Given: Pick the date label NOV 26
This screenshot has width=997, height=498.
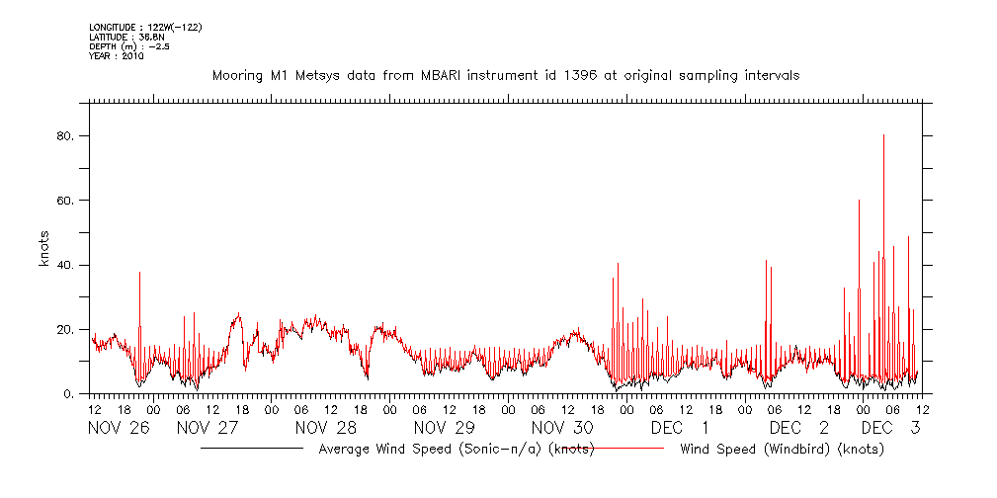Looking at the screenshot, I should (x=118, y=428).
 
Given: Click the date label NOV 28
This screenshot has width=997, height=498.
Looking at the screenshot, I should (x=324, y=428).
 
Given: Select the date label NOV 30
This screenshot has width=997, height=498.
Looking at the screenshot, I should (x=561, y=428).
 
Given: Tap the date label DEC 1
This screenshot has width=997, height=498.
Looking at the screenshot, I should (x=680, y=428).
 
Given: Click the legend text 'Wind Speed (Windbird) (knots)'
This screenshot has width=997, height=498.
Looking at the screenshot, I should (x=782, y=450).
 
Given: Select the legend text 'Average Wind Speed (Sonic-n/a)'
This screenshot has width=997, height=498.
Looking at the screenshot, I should (x=430, y=450).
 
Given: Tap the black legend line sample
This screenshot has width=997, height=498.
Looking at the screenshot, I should (x=251, y=449).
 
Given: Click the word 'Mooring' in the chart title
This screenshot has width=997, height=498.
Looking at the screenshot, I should (x=238, y=75).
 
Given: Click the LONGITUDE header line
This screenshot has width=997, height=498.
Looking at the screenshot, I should (x=145, y=27).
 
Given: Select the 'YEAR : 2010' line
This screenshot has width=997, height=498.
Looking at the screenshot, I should (x=117, y=56).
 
